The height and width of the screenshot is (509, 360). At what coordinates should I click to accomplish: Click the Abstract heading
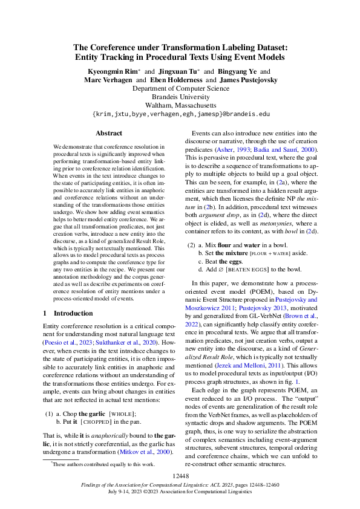tap(109, 133)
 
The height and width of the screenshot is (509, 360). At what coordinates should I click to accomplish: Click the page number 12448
tap(180, 477)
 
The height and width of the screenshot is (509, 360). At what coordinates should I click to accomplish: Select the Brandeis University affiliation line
tap(180, 97)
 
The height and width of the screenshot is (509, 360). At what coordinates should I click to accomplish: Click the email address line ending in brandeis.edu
tap(180, 114)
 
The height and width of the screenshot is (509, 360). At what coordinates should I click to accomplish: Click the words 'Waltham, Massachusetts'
tap(180, 105)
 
